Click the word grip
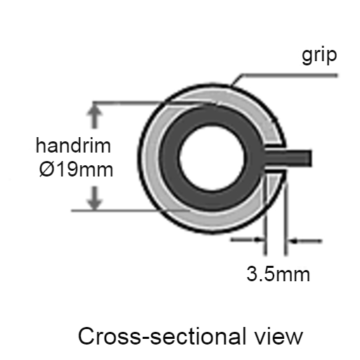click(319, 56)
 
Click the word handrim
click(73, 146)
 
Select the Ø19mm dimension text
click(76, 169)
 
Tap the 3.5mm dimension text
click(278, 274)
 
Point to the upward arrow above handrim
click(94, 115)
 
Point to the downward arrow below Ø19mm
click(94, 198)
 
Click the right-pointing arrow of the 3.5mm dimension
click(247, 240)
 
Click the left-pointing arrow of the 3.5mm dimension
click(305, 240)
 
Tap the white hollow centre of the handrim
click(212, 157)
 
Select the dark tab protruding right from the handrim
click(288, 157)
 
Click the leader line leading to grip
click(283, 76)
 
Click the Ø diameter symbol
click(46, 169)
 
